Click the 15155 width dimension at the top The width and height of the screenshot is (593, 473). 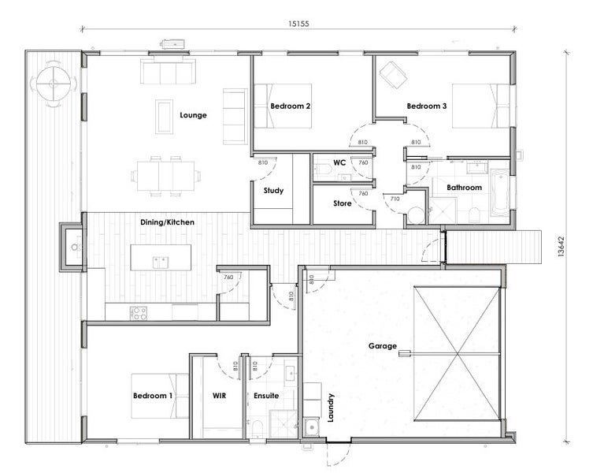(298, 24)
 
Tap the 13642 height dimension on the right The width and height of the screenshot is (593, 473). (561, 247)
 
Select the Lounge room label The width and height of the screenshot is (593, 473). (193, 115)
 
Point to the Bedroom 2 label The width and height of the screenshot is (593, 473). (291, 106)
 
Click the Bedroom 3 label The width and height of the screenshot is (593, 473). (427, 106)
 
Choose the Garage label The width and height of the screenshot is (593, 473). (383, 346)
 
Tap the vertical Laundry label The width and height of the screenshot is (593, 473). (331, 408)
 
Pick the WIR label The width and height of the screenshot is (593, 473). (220, 396)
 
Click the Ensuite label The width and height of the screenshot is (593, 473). (266, 396)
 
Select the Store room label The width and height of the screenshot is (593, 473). (343, 203)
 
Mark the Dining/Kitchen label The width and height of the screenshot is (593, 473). (167, 222)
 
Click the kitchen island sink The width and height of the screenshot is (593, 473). (161, 262)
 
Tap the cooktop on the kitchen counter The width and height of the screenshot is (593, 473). (139, 313)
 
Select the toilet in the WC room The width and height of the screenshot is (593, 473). (324, 169)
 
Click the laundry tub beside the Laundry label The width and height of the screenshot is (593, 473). (312, 427)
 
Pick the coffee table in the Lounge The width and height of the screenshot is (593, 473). (165, 117)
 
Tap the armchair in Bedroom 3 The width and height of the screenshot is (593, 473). (393, 75)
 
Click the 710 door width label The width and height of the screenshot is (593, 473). (395, 199)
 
